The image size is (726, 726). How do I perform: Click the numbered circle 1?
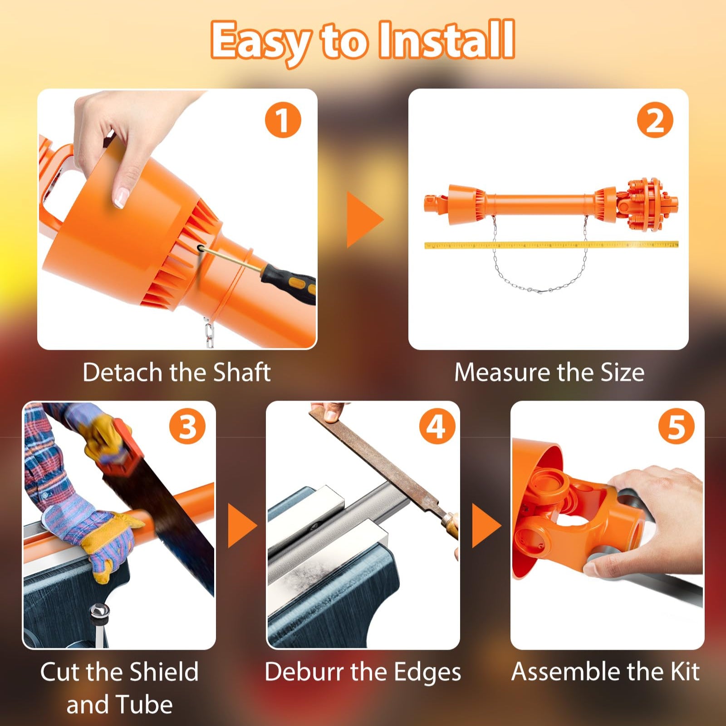click(283, 120)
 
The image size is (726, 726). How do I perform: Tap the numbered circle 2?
click(655, 120)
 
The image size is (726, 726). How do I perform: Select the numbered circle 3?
click(187, 427)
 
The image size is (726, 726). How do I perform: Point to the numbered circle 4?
click(437, 427)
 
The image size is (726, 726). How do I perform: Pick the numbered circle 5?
click(676, 427)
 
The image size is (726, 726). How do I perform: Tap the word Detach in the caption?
click(122, 372)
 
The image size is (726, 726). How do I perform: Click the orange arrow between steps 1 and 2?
click(365, 220)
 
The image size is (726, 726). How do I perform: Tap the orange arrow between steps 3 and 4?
click(242, 525)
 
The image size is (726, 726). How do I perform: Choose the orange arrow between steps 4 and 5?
click(486, 525)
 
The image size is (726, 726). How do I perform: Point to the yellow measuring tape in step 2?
click(551, 245)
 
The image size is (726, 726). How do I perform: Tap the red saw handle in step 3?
click(119, 447)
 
